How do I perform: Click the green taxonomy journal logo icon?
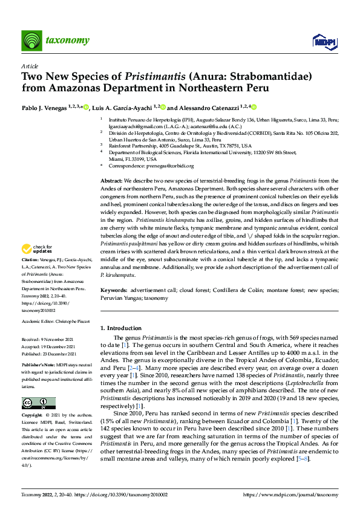[x=32, y=41]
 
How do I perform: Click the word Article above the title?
[x=30, y=66]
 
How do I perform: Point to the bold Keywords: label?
[x=115, y=291]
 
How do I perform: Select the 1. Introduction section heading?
[x=120, y=328]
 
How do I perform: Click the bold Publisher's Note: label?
[x=39, y=366]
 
